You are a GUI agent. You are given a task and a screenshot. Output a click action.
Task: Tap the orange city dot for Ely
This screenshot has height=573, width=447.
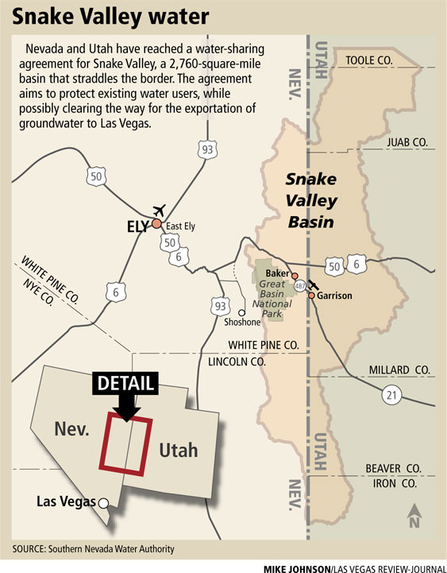(x=156, y=224)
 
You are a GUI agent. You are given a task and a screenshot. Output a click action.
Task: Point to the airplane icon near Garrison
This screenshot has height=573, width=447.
(x=313, y=285)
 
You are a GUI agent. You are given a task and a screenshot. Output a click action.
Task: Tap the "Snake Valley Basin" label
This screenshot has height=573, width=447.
(x=311, y=200)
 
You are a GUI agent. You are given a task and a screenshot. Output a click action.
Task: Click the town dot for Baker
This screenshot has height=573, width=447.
(x=295, y=276)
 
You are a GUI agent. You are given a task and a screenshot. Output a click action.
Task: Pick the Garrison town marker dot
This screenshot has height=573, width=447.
(x=312, y=296)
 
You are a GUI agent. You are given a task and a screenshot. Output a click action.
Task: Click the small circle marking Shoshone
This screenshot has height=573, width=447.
(x=241, y=312)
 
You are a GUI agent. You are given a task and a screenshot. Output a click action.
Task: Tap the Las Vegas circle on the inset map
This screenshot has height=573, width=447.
(x=102, y=502)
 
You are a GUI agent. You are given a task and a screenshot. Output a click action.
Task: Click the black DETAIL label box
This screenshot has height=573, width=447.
(x=125, y=381)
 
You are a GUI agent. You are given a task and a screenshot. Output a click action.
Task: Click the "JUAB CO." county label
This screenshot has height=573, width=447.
(x=407, y=142)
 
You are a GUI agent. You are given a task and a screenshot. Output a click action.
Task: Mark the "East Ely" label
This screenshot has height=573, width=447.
(x=181, y=226)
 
